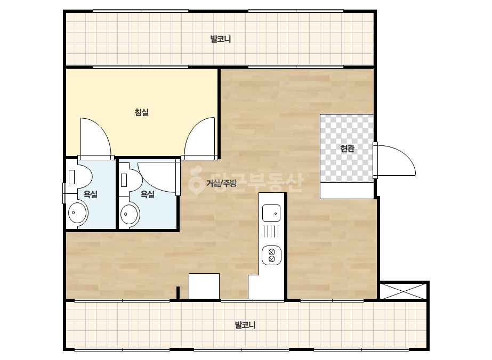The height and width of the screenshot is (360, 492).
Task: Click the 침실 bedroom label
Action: coord(141,112)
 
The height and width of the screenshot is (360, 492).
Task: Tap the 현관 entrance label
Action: coord(347,149)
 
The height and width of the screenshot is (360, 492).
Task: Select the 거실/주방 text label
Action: coord(221,183)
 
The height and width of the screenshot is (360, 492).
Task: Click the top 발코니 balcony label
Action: coord(221,39)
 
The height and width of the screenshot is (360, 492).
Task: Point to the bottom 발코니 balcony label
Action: coord(245,325)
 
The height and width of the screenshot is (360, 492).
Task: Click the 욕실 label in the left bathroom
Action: coord(91,194)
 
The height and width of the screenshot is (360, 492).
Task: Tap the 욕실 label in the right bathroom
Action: coord(147,194)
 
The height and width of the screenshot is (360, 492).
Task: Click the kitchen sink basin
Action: coord(271,213)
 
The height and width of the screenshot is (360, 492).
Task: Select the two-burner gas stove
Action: coord(271,255)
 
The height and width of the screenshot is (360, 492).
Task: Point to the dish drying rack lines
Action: coord(271,232)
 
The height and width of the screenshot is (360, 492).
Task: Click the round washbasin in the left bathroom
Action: coord(78,212)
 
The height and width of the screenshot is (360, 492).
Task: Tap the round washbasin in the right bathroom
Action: coord(130,214)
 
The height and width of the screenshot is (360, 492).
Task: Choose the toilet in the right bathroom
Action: coord(131,181)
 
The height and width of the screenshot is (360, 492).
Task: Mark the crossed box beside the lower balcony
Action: coord(404,291)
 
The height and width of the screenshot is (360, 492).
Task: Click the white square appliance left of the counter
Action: coord(204,286)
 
